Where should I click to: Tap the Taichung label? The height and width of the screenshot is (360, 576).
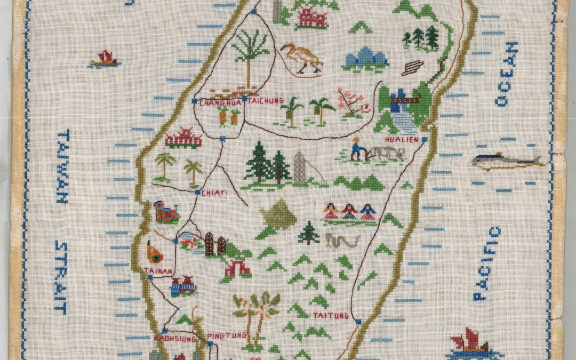pos(261,105)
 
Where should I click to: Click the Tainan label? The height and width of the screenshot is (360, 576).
pos(158,271)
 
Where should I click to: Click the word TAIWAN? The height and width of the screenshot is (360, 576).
pos(63,167)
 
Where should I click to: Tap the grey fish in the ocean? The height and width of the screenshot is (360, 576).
pos(507,161)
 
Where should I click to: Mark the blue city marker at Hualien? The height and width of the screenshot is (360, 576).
pos(424,139)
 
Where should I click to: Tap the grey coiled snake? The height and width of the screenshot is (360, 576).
pos(342,241)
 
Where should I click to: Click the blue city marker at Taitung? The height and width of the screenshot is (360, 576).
pos(358,322)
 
